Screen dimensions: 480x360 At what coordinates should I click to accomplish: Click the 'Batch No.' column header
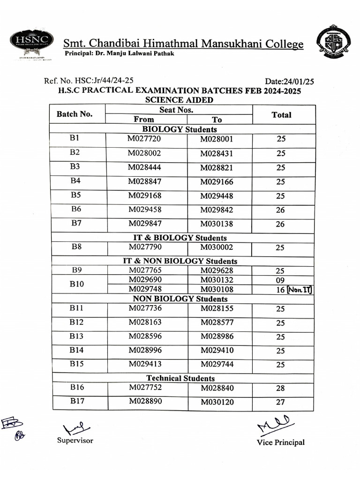(x=75, y=114)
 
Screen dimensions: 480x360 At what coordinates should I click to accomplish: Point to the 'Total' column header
(x=281, y=115)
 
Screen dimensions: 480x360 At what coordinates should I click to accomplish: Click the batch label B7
(x=76, y=224)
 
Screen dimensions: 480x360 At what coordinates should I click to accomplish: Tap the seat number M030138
(x=217, y=225)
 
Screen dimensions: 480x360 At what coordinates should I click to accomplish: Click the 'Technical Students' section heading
(x=180, y=378)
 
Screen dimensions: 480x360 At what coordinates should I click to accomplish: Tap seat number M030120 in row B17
(x=217, y=402)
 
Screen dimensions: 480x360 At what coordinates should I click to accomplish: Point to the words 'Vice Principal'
(x=280, y=442)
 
